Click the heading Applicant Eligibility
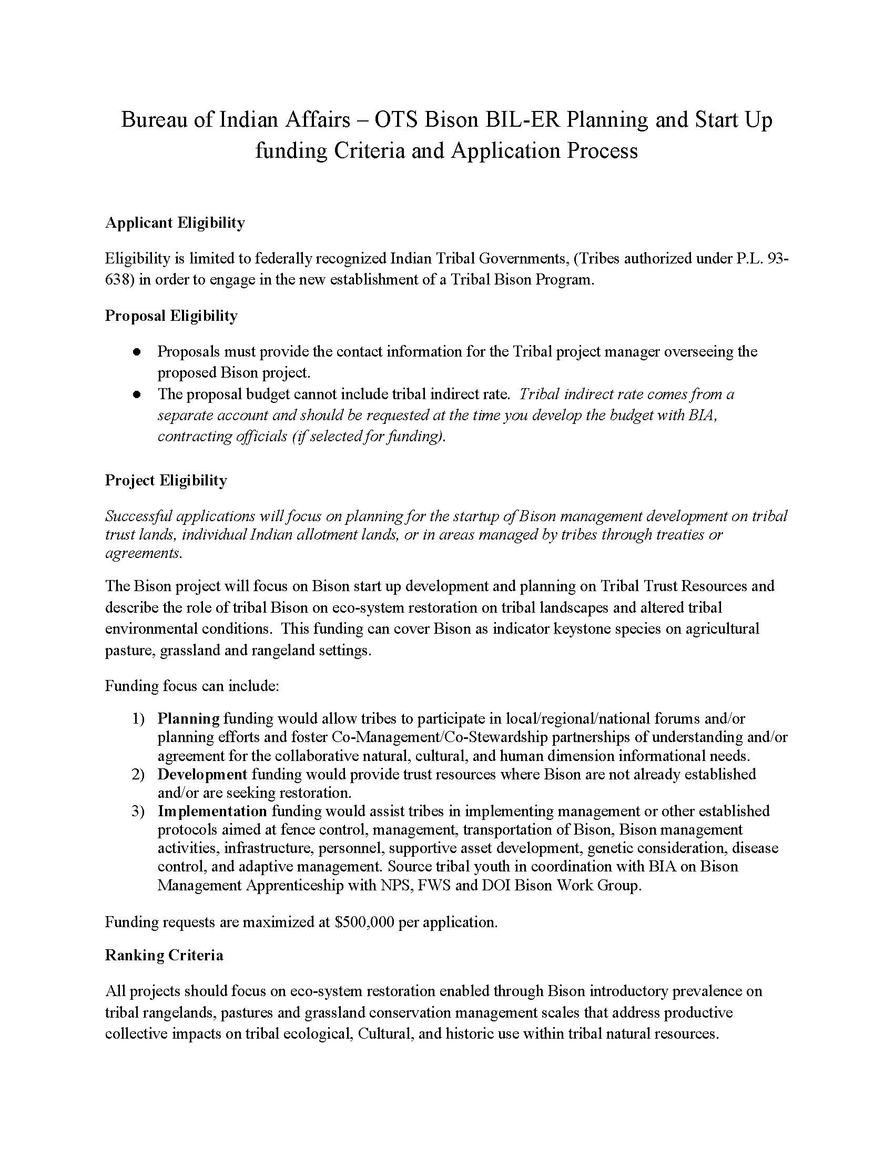pos(175,223)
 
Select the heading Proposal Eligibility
pos(171,316)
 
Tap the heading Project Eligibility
pos(166,481)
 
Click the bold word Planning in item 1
pos(188,719)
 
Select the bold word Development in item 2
pos(202,775)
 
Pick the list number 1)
pos(138,719)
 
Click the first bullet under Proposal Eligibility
pos(137,352)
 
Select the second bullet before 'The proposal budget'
pos(137,394)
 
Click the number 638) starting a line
pos(120,280)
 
